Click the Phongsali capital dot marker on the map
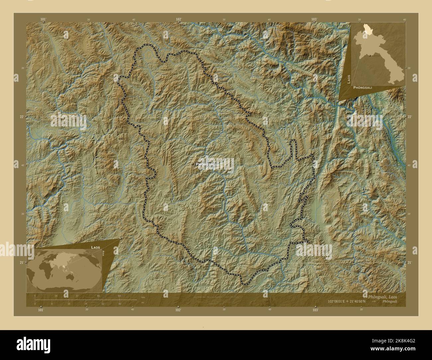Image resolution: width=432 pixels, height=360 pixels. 193,164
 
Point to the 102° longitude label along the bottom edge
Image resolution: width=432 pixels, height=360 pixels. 178,310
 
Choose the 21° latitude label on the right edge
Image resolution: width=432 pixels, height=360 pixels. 409,263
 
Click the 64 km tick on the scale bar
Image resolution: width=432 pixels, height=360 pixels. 119,296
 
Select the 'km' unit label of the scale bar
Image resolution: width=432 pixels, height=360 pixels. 143,297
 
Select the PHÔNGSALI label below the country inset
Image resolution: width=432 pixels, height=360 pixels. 363,87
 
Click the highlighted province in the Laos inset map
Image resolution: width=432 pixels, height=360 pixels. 367,28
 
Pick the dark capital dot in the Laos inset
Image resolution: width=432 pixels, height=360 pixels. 370,55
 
